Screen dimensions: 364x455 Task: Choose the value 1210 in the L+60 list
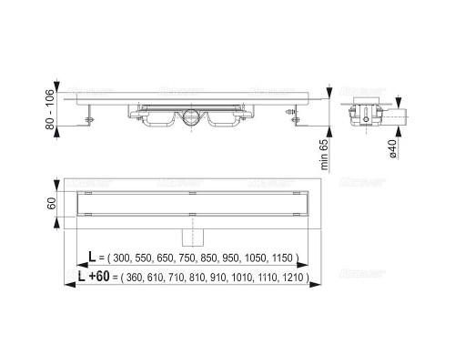293,278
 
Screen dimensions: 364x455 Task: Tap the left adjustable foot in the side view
90,116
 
